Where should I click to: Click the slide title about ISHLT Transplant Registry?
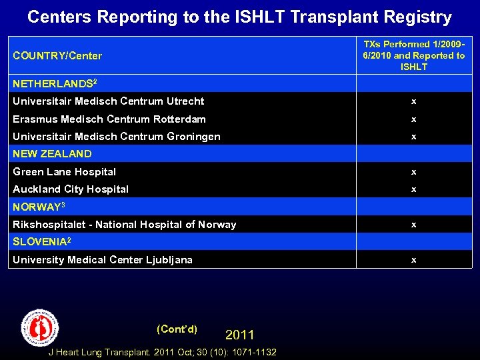239,17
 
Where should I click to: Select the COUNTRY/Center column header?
57,55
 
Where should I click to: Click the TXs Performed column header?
413,55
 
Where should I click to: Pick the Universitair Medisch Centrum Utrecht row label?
109,101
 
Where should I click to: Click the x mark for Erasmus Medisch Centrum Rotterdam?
413,119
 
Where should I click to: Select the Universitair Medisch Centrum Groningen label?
117,137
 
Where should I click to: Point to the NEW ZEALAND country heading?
52,154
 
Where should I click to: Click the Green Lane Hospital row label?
65,172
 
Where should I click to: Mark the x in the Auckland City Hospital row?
413,189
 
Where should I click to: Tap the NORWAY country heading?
38,207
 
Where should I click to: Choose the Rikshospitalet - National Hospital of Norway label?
125,225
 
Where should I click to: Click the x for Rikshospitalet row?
413,225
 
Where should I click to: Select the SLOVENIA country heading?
41,242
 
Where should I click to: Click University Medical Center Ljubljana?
103,260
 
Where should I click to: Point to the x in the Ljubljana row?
413,260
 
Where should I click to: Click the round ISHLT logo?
40,327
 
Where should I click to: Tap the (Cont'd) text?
177,329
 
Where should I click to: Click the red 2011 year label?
239,335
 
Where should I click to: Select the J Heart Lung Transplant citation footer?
163,352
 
